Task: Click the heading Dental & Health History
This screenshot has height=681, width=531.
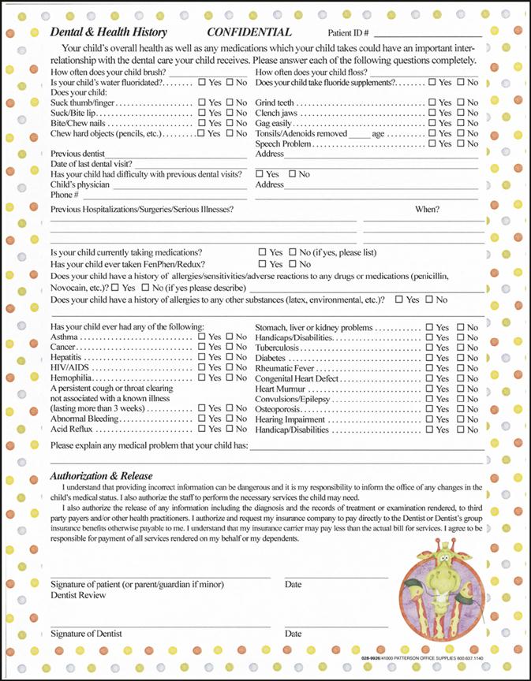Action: click(x=108, y=32)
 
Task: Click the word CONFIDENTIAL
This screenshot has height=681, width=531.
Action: click(x=249, y=32)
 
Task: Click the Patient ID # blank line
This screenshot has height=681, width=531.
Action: click(x=428, y=34)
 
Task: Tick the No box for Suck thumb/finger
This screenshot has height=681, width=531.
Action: click(x=230, y=102)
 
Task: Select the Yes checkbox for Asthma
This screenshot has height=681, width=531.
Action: click(x=202, y=337)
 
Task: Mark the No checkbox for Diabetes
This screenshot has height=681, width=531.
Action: click(x=457, y=358)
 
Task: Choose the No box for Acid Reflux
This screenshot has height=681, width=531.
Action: click(x=230, y=430)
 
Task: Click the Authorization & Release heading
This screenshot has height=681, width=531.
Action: click(x=101, y=476)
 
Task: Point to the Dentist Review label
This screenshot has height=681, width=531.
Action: click(x=78, y=596)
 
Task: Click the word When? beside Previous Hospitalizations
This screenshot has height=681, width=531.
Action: click(x=428, y=209)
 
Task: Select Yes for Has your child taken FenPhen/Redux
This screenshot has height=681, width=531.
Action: click(x=263, y=265)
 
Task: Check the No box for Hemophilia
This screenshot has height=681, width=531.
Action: click(x=230, y=378)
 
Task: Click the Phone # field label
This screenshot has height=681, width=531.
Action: click(x=65, y=195)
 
